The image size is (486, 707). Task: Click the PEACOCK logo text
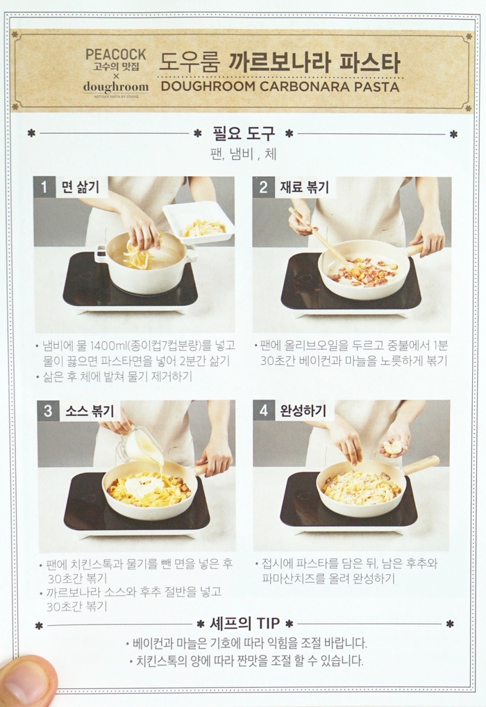tap(115, 55)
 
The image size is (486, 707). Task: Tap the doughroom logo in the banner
tap(116, 87)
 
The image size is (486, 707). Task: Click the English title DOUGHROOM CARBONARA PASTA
tap(280, 87)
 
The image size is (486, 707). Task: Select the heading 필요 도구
tap(244, 133)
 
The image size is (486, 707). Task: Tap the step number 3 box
tap(48, 411)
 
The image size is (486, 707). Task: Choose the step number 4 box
tap(264, 410)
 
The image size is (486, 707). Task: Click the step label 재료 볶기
tap(305, 187)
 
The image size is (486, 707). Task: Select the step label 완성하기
tap(303, 410)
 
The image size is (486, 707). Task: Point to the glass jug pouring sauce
tap(140, 447)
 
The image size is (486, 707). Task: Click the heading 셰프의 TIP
tap(244, 624)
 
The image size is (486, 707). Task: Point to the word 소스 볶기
tap(90, 411)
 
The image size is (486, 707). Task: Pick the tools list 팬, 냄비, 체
tap(243, 155)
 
